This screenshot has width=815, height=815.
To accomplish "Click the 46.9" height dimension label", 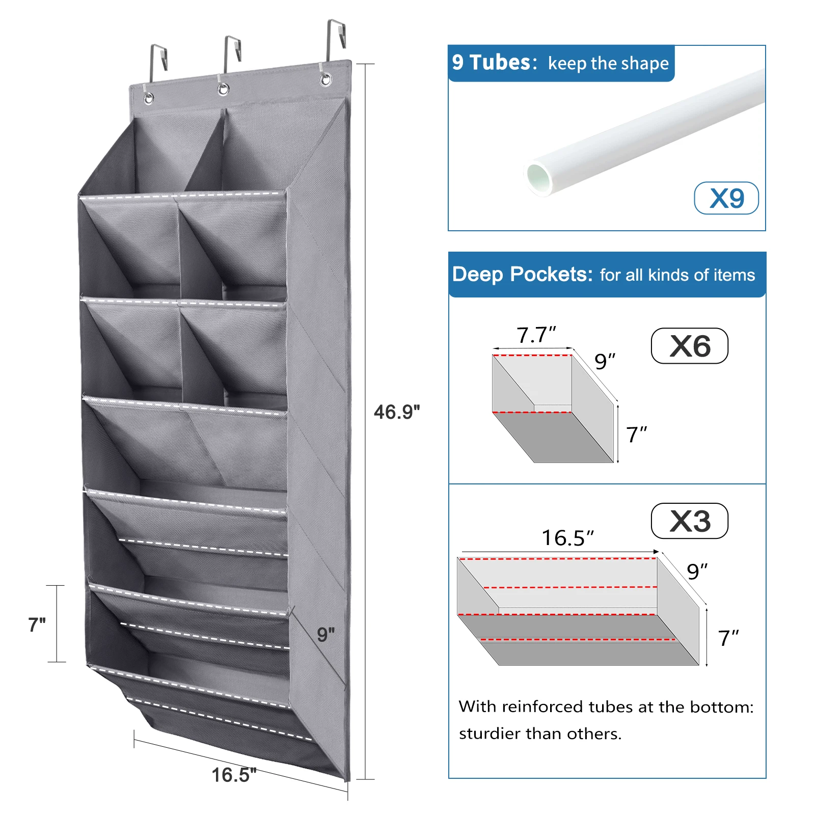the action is point(397,412).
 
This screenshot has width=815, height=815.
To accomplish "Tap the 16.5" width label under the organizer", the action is point(234,775).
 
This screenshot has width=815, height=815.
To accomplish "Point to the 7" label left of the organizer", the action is point(37,624).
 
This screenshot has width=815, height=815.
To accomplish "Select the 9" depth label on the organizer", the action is point(326,634).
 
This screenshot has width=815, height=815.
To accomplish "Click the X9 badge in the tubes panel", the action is point(726,198).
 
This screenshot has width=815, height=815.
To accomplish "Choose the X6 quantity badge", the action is point(690,346).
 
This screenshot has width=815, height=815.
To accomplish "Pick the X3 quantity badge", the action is point(690,521).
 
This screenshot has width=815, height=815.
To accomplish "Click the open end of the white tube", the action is point(539,178).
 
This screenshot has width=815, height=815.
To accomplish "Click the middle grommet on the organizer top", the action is point(223,90).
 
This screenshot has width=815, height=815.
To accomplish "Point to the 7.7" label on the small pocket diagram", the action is point(536,335).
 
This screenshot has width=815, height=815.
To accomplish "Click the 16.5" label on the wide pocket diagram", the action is point(567,538).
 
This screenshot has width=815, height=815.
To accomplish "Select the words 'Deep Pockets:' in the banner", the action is point(523,275).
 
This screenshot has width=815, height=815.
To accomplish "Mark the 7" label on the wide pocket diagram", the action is point(728,638).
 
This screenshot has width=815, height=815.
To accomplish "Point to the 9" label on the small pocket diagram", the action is point(605,362).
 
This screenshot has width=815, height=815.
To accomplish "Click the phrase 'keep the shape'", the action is point(608,64).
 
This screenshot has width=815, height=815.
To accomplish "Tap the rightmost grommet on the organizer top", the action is point(325,80).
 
